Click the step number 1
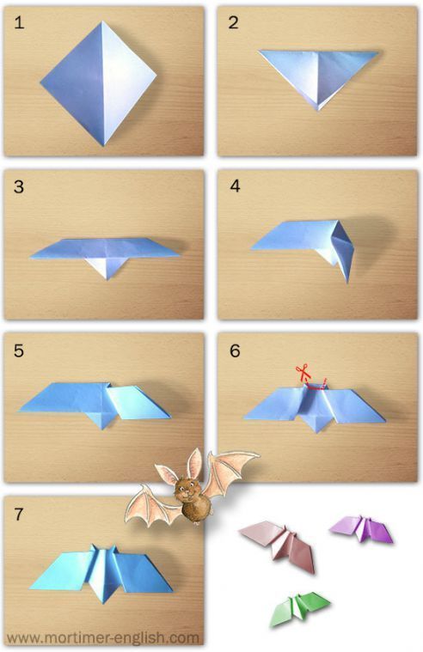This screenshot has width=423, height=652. click(x=19, y=22)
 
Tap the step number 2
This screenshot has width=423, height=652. click(x=233, y=22)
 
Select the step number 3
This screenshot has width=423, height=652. click(x=19, y=186)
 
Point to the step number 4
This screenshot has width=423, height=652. click(x=235, y=186)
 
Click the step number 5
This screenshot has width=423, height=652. click(x=19, y=350)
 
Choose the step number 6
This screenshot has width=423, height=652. click(x=235, y=350)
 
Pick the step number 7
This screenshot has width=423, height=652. click(x=19, y=515)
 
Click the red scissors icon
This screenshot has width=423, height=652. click(x=303, y=370)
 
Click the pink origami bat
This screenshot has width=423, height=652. click(x=279, y=544)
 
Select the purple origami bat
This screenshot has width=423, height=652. click(x=362, y=528)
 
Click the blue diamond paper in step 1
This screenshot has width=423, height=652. click(x=99, y=83)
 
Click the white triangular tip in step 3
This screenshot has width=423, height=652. click(x=107, y=268)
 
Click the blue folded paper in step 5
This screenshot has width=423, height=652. click(x=95, y=404)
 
